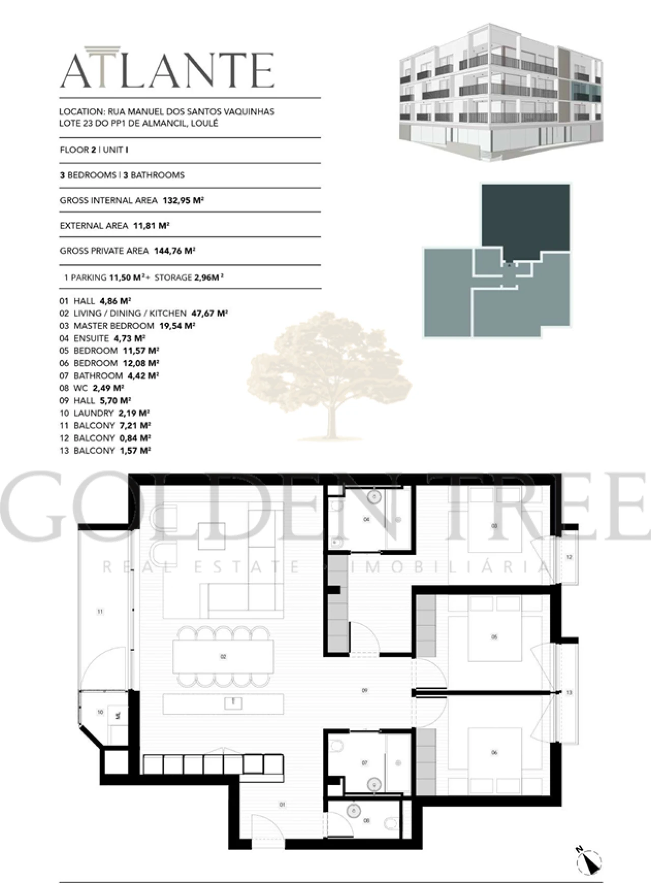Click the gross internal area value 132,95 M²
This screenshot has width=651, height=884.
[x=183, y=200]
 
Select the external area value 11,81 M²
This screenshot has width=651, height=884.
[x=151, y=225]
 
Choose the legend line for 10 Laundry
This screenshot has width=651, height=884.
[x=105, y=413]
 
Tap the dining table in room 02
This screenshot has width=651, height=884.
[x=223, y=657]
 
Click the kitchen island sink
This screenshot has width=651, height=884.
[x=233, y=703]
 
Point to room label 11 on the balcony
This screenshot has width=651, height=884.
[x=100, y=612]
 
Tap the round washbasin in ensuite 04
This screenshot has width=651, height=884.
[x=375, y=495]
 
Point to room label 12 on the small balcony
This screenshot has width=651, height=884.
[x=569, y=557]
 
